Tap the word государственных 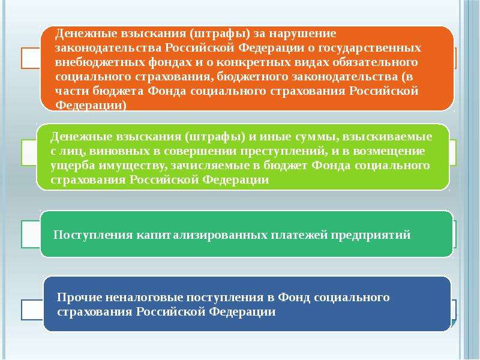pos(370,49)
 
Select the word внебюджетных pos(100,62)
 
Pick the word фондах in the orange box pos(169,62)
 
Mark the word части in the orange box pos(73,91)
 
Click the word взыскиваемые pos(387,137)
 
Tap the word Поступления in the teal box pos(93,235)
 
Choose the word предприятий pos(371,235)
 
